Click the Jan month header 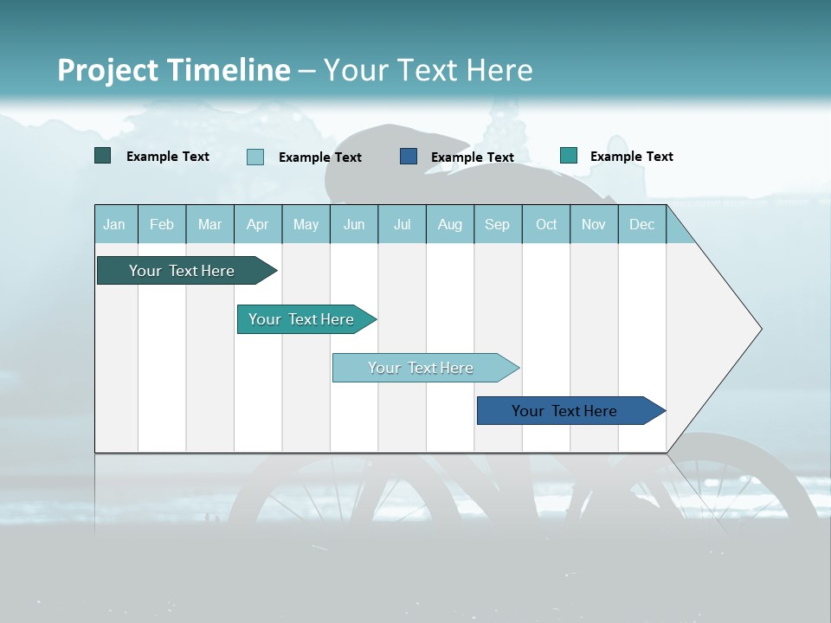(114, 225)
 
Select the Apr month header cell (258, 225)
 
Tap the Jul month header (402, 225)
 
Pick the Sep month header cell (497, 225)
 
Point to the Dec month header (641, 225)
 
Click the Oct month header (546, 225)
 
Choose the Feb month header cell (162, 225)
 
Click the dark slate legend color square (103, 156)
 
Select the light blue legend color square (255, 157)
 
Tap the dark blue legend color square (409, 156)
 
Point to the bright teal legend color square (569, 156)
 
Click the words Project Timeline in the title (173, 70)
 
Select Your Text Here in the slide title (428, 70)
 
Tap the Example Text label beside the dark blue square (473, 157)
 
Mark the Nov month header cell (594, 225)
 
